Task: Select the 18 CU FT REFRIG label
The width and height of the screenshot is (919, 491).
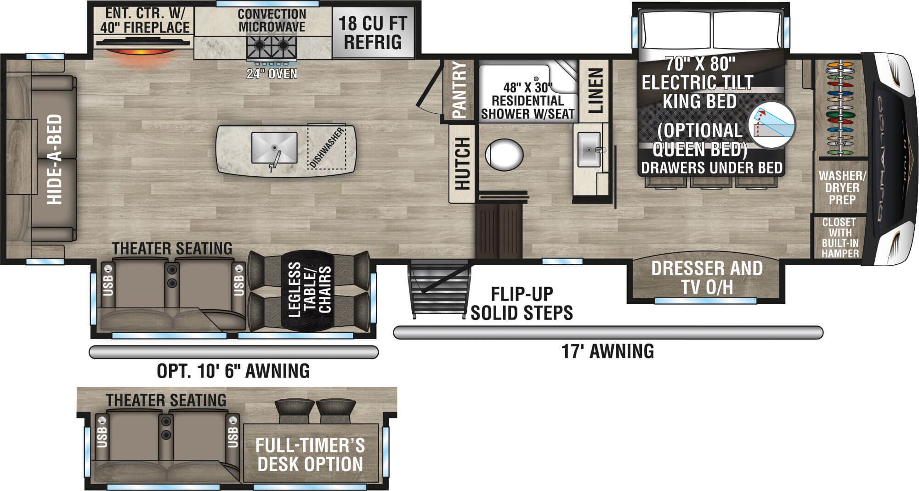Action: click(x=373, y=32)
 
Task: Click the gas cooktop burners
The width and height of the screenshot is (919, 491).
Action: click(x=272, y=46)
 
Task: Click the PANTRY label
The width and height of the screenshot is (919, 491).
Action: click(x=459, y=90)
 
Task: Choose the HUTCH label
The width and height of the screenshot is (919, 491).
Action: click(x=462, y=163)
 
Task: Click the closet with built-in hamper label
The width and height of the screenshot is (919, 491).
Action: click(x=840, y=238)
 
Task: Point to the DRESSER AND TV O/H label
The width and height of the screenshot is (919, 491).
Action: click(x=707, y=278)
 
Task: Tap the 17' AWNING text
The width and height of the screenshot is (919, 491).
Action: click(x=607, y=352)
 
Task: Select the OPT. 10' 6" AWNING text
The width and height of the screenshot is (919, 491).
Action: click(x=233, y=371)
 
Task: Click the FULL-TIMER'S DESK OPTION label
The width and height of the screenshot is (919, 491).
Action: click(x=310, y=455)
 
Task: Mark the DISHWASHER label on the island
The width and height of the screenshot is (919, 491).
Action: click(x=327, y=147)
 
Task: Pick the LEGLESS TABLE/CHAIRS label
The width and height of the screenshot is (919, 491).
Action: click(x=310, y=290)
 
